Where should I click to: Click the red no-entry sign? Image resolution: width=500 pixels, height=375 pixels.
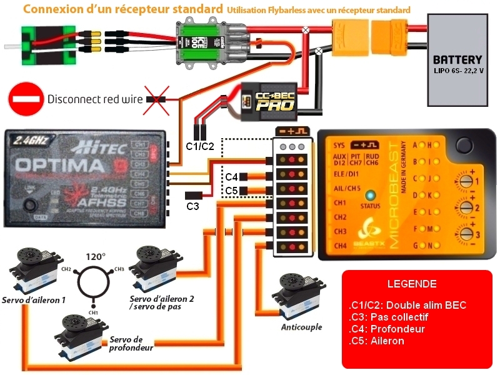pyautogui.click(x=26, y=99)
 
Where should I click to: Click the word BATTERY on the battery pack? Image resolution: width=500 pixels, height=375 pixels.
pyautogui.click(x=458, y=61)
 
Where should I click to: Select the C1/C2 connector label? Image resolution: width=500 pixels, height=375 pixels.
pyautogui.click(x=200, y=146)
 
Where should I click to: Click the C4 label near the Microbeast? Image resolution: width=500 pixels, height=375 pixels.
pyautogui.click(x=232, y=177)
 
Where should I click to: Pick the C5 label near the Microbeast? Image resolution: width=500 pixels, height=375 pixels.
pyautogui.click(x=232, y=190)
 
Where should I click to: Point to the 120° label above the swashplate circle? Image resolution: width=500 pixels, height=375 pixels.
pyautogui.click(x=95, y=256)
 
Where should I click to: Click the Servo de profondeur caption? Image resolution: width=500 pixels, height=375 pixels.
pyautogui.click(x=131, y=343)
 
